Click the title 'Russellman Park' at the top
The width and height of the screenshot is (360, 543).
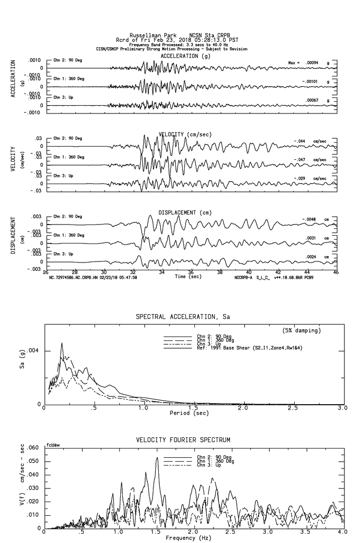point(149,36)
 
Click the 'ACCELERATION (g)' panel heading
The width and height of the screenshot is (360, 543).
point(186,56)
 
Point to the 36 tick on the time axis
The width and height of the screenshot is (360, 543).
point(191,272)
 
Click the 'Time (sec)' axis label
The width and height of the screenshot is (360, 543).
point(188,277)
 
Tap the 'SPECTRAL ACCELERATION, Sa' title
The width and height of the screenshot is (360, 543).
point(182,317)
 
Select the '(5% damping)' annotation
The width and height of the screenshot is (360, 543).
point(302,331)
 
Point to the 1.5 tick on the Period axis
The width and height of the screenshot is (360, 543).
point(193,408)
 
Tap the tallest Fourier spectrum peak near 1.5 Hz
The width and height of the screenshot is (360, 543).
point(157,458)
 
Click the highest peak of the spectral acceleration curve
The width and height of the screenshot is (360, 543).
point(62,343)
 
